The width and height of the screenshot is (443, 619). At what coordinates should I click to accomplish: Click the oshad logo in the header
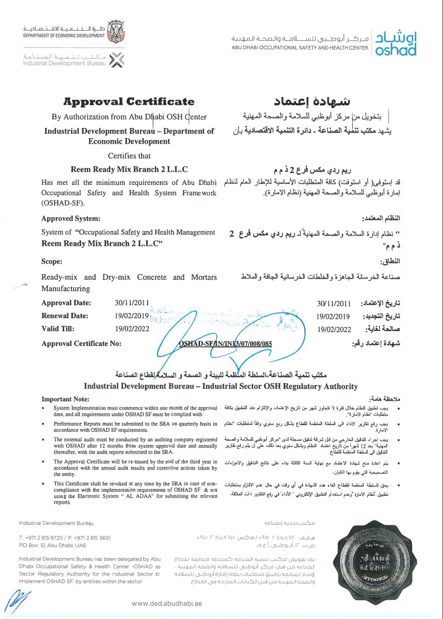tap(396, 42)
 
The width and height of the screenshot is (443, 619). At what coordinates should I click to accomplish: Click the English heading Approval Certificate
tap(129, 101)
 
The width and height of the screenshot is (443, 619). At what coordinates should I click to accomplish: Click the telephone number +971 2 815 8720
tap(44, 538)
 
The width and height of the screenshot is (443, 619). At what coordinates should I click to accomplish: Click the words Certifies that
tap(129, 155)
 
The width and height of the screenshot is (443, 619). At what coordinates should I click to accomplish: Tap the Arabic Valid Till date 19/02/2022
tap(333, 329)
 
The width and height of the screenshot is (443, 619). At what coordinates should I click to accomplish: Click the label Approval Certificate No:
tap(81, 344)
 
